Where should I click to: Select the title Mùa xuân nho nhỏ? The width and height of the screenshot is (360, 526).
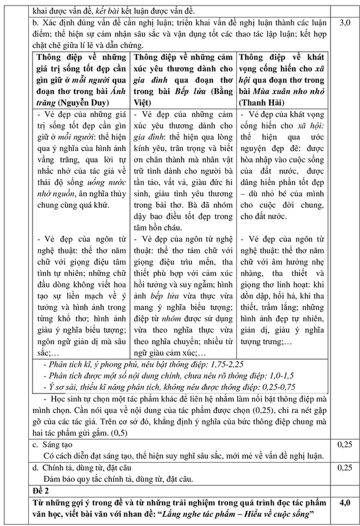click(x=298, y=90)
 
